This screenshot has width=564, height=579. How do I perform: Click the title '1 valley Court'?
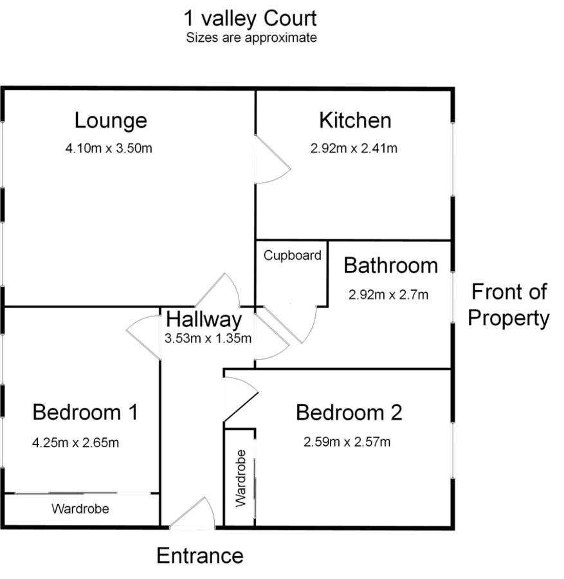point(250,19)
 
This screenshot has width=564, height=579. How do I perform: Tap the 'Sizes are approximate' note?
point(251,38)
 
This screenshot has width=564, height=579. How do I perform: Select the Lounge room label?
point(111,121)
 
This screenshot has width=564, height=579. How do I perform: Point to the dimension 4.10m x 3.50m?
point(109,149)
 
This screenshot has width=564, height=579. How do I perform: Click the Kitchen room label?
point(355,120)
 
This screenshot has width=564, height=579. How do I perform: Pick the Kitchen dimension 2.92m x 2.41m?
point(354,149)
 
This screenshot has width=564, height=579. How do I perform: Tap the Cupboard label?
point(293,255)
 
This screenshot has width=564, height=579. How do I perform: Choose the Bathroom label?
point(391,266)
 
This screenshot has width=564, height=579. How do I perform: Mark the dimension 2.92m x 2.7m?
point(388,295)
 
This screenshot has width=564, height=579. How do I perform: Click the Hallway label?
point(204,320)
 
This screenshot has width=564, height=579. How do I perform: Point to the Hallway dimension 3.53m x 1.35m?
point(208,338)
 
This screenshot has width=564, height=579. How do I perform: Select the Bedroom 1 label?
point(86,412)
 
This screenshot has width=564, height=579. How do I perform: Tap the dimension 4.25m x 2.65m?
point(76,443)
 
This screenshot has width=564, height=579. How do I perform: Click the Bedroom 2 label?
point(349,412)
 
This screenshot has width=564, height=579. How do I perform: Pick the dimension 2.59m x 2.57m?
point(347,441)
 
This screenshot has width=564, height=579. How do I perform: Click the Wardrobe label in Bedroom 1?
point(80,509)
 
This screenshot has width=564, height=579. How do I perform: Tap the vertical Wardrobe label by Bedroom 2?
point(241,478)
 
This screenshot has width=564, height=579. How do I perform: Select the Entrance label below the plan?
point(200,556)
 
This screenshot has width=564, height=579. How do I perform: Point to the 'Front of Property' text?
point(509,305)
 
